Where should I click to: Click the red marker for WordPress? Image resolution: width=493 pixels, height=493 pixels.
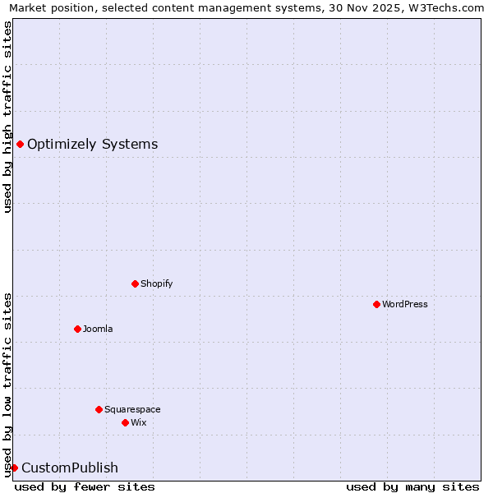pos(376,304)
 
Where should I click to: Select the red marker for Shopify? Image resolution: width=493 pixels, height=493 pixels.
pos(135,283)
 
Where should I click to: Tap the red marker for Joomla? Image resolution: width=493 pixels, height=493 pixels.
pos(77,329)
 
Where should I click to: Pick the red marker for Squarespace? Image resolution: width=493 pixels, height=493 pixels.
pos(99,409)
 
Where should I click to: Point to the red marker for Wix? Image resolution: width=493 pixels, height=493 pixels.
pos(125,422)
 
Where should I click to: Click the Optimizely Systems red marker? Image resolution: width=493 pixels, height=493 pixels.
pos(20,145)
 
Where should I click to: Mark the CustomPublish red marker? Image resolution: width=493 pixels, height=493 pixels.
pos(14,468)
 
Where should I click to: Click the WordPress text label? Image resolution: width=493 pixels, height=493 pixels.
pos(405,304)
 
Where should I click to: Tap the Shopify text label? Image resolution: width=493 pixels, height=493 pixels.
pos(156,283)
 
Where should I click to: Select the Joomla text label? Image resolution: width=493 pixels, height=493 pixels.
pos(98,329)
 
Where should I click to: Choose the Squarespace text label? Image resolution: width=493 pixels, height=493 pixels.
pos(132,409)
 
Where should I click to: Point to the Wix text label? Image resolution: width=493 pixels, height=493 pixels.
pos(139,422)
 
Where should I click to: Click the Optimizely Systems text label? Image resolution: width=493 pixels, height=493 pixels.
pos(93,145)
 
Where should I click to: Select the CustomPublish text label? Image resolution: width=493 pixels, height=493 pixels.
pos(70,468)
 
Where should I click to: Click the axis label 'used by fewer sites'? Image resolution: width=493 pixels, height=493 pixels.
pos(85,486)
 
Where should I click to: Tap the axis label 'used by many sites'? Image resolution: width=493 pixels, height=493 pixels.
pos(412,486)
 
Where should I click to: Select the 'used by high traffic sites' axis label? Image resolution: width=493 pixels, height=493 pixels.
pos(7,117)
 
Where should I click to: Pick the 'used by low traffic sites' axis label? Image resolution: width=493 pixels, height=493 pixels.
pos(7,384)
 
